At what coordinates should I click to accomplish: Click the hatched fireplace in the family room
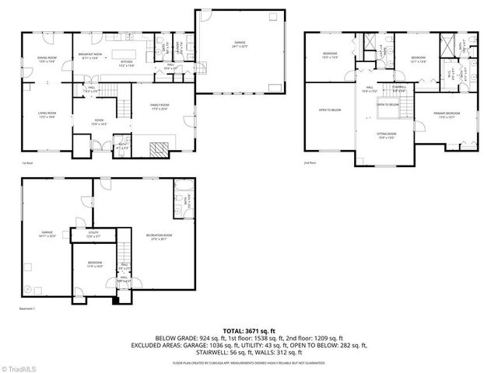[160, 149]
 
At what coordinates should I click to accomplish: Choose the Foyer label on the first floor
[99, 121]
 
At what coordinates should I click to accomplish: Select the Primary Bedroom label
[448, 116]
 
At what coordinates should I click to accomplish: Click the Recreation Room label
[158, 236]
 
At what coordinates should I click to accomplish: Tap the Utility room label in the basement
[93, 234]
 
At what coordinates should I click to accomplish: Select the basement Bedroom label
[93, 265]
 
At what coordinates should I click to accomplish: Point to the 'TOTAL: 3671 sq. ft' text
[249, 330]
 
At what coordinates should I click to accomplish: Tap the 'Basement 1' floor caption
[31, 309]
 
